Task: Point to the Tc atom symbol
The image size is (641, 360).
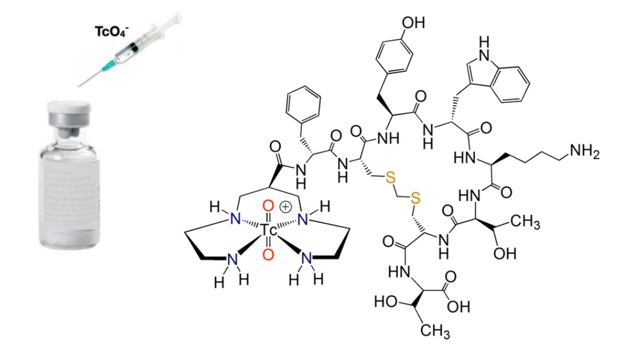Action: point(268,230)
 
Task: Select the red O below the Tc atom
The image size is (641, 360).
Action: point(268,254)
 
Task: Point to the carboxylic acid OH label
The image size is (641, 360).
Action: point(458,307)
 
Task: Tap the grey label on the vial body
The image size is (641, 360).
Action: point(67,191)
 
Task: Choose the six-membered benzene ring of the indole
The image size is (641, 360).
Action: point(513,83)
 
